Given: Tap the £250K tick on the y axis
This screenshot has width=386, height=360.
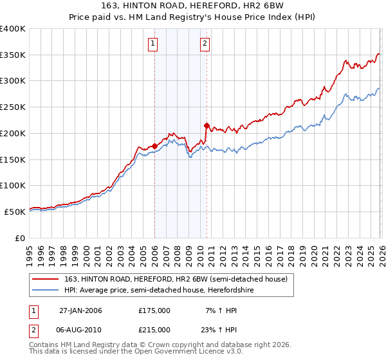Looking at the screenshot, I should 13,107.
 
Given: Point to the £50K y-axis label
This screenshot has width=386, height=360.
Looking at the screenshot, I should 15,211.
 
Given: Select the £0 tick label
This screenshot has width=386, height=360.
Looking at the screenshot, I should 20,237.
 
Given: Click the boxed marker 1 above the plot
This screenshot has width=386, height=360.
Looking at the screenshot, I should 153,44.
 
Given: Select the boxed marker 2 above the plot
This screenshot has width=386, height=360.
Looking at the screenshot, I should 205,44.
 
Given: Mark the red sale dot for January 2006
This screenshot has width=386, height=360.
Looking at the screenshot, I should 155,146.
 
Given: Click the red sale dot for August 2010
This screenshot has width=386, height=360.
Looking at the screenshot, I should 207,125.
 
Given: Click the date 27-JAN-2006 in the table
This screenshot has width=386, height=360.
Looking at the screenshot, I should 80,310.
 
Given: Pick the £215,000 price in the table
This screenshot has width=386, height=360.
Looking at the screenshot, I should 154,329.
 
